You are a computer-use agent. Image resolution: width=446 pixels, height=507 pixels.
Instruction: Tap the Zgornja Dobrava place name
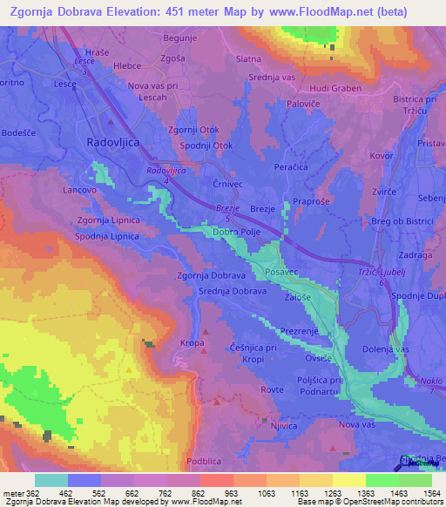click(210, 275)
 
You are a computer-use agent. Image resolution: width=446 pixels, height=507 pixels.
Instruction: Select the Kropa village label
click(193, 344)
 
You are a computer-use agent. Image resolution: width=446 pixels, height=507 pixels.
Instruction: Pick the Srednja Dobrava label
click(233, 292)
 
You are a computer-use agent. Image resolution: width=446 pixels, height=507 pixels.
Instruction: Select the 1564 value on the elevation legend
click(419, 493)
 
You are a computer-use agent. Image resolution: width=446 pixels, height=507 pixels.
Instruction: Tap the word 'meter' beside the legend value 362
click(13, 493)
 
